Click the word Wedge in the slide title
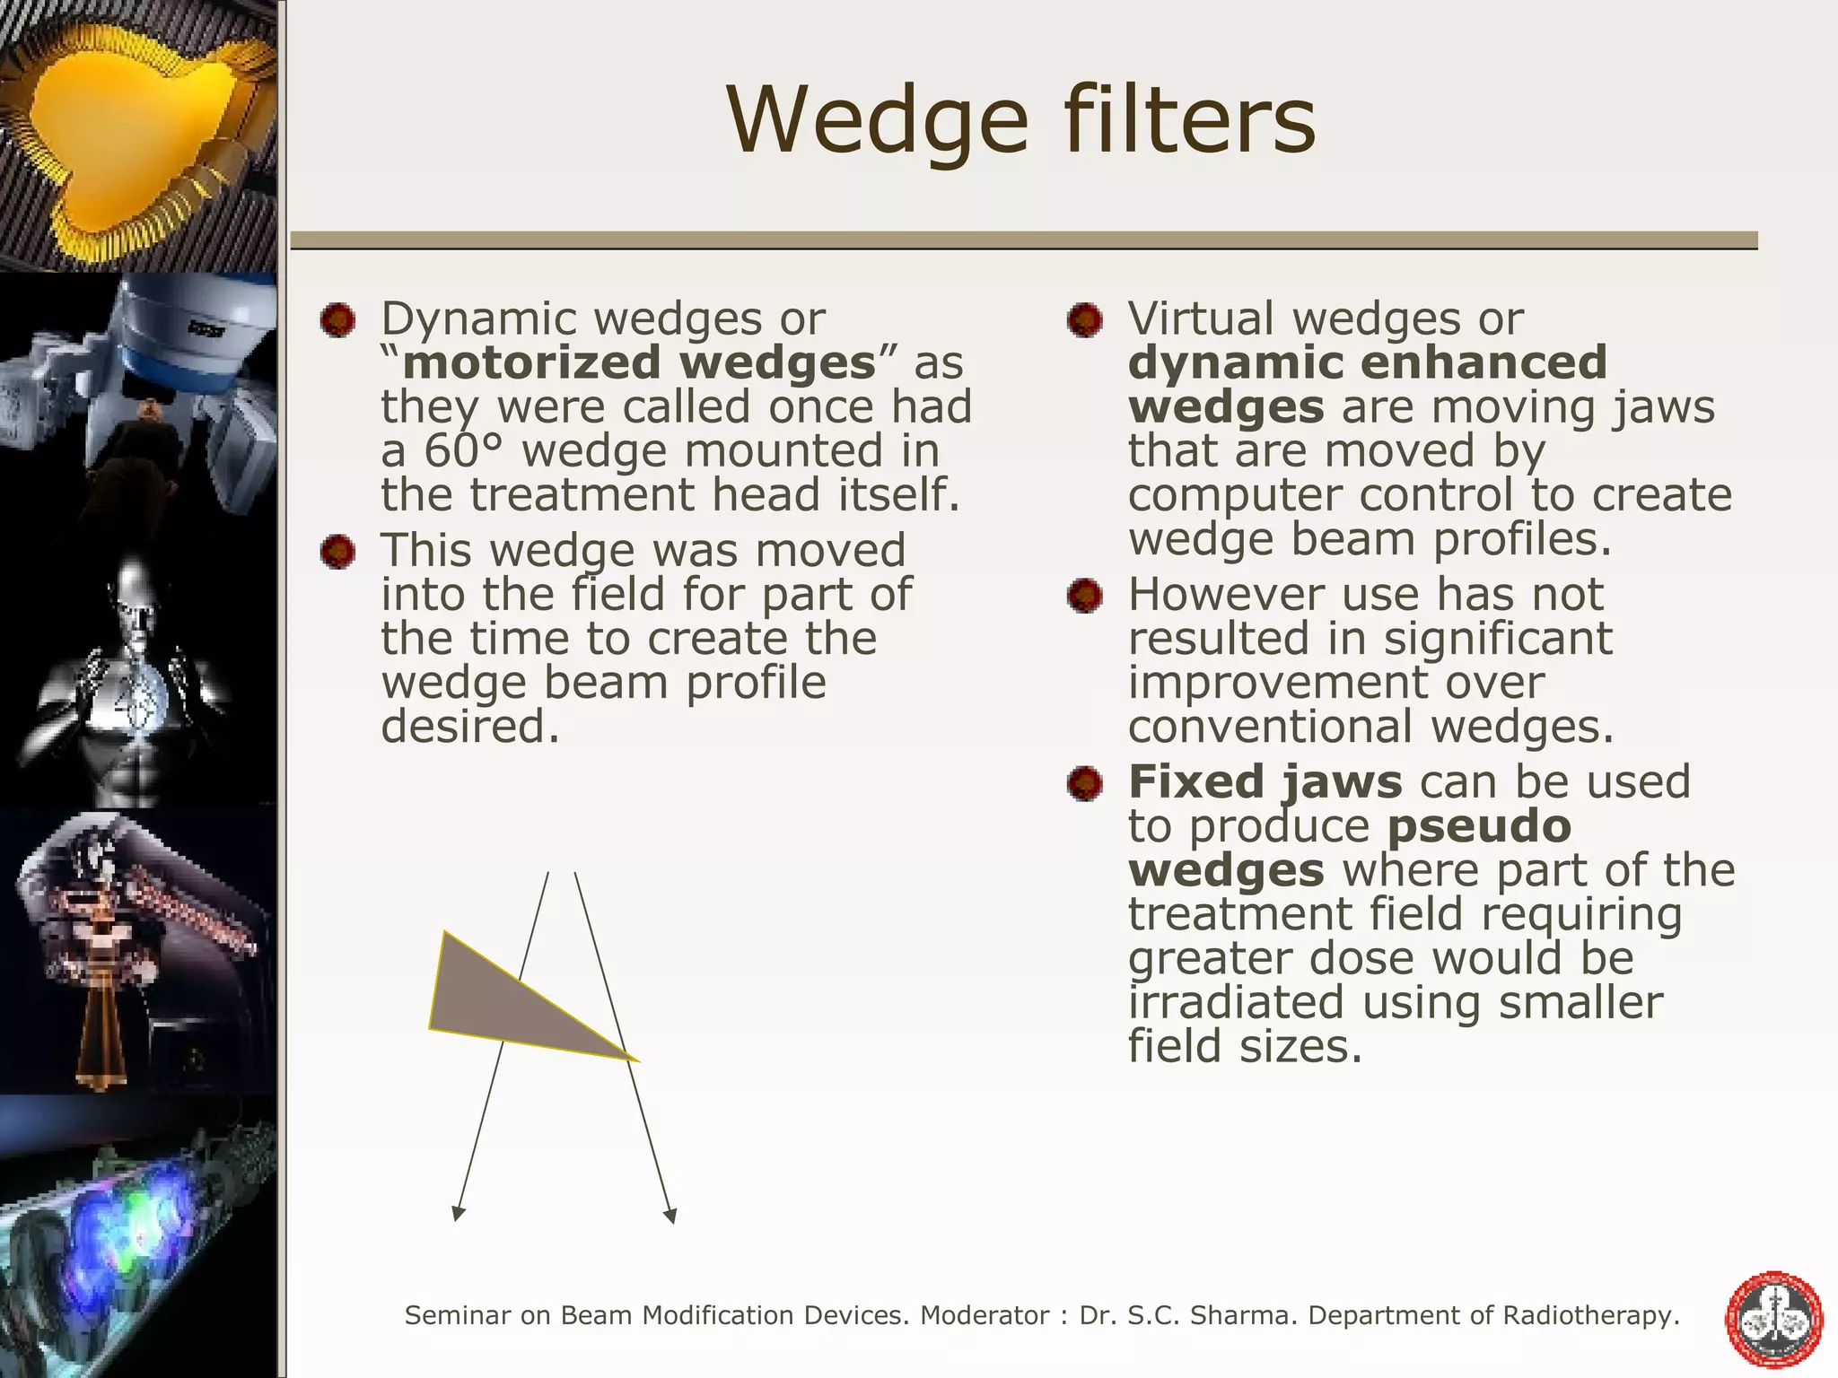pos(878,121)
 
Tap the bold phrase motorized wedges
pos(639,363)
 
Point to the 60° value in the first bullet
pos(464,451)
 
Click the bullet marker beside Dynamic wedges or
pos(337,320)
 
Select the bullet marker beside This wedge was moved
pos(337,552)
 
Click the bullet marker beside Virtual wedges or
pos(1085,320)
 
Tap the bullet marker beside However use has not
pos(1085,596)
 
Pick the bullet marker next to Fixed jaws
pos(1085,783)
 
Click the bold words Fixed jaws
pos(1264,781)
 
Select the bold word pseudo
pos(1479,825)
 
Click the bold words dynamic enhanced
pos(1367,363)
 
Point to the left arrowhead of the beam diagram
pos(459,1213)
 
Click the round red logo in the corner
pos(1774,1319)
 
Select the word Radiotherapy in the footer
pos(1589,1315)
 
